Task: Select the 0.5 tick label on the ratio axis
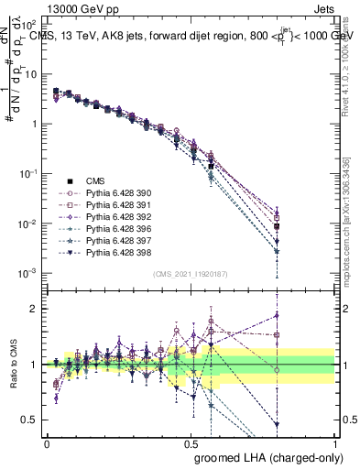coord(29,420)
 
